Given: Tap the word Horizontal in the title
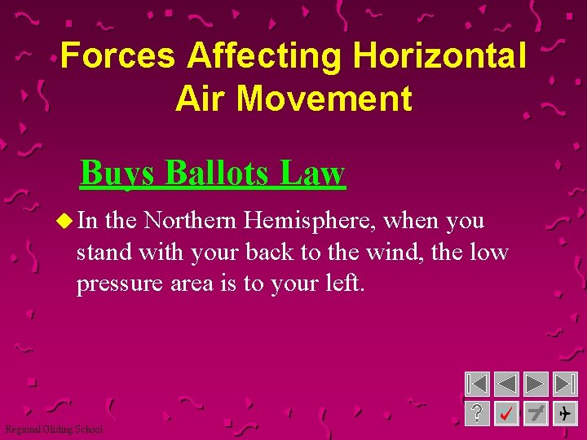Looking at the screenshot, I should pyautogui.click(x=439, y=56).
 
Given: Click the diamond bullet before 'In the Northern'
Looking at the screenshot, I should pyautogui.click(x=65, y=221).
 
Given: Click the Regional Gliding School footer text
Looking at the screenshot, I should pyautogui.click(x=54, y=429).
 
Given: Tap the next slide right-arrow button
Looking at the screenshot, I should pyautogui.click(x=536, y=384).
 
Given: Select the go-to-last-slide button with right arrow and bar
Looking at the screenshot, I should pyautogui.click(x=564, y=384).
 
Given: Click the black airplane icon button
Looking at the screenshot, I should pyautogui.click(x=564, y=413).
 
